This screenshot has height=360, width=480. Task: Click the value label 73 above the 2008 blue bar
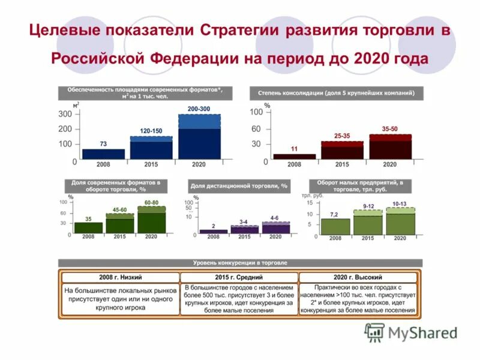(x=103, y=144)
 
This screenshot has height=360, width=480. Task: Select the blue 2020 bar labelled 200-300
(x=199, y=138)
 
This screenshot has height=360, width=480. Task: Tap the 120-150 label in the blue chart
(x=151, y=131)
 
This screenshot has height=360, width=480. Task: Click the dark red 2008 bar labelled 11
(x=294, y=157)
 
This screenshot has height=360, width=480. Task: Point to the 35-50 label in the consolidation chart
(x=390, y=129)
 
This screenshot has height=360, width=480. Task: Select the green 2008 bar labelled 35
(x=89, y=227)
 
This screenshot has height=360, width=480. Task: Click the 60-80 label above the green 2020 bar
(x=151, y=203)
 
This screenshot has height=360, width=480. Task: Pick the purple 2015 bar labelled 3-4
(x=244, y=229)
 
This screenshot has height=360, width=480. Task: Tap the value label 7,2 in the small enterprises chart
(x=334, y=214)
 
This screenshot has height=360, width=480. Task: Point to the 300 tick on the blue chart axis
(x=65, y=114)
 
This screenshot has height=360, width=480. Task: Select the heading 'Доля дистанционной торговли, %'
(x=239, y=186)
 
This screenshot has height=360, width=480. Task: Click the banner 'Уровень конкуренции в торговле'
(x=240, y=263)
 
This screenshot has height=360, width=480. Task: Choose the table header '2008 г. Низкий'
(x=120, y=277)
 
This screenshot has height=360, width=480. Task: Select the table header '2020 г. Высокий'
(x=358, y=277)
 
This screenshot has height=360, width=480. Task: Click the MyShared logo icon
(x=375, y=332)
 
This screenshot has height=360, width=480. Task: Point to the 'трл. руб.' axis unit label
(x=312, y=196)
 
